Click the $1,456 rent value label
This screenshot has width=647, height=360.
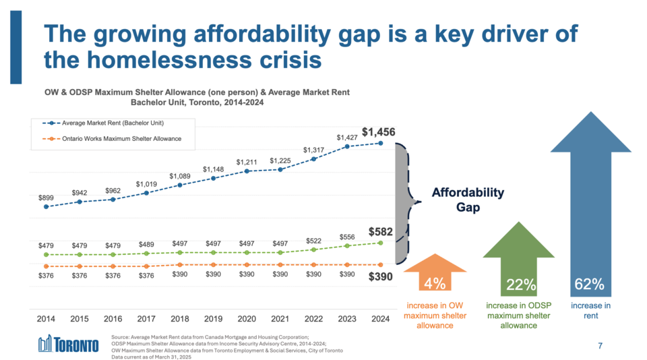[383, 131]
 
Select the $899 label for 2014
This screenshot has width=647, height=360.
[46, 198]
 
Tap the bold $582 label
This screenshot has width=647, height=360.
[381, 231]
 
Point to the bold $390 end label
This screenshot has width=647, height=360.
[381, 276]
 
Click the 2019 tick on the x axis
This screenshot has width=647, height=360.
[213, 319]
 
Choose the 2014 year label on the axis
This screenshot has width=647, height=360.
[46, 319]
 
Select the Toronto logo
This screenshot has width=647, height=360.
[68, 344]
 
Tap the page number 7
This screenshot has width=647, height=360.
[600, 346]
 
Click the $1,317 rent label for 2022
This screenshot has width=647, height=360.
[313, 150]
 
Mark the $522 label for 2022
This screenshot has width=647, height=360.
[313, 241]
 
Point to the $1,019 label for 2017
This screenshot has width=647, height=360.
[146, 184]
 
